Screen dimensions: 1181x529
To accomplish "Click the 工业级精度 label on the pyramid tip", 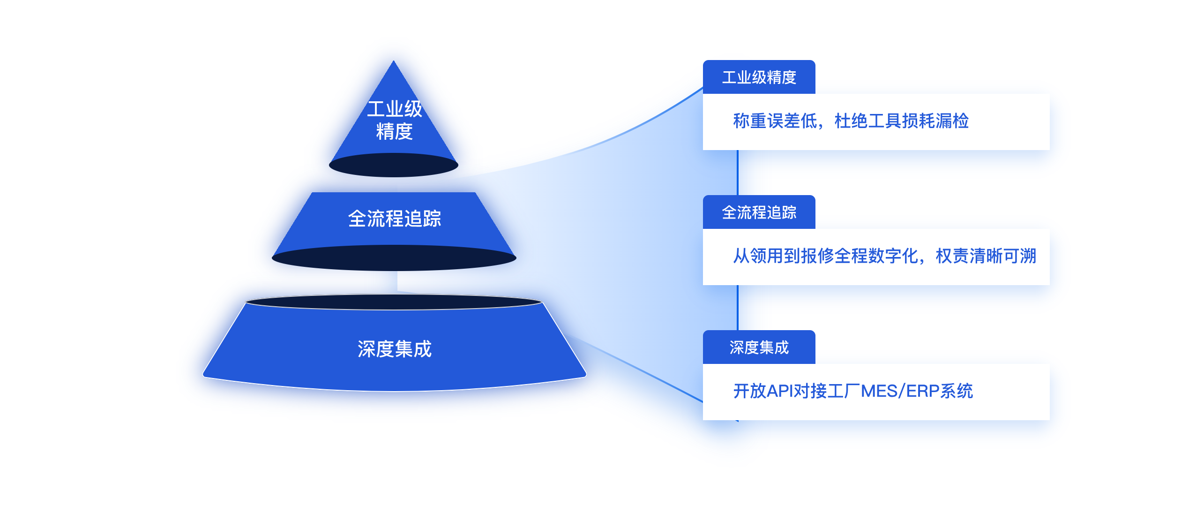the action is pos(395,120).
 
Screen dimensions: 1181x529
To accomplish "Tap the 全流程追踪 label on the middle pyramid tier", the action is pos(395,219).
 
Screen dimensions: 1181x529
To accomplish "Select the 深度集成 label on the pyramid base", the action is pos(395,349).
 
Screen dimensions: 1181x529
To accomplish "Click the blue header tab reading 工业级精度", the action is pos(759,77).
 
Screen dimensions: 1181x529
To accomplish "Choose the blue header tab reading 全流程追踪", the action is pos(759,212).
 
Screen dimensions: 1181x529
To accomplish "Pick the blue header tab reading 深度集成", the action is pos(759,347).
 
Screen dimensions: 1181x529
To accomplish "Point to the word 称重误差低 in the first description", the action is pos(775,121).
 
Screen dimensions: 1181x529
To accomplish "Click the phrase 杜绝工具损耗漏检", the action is pos(902,121).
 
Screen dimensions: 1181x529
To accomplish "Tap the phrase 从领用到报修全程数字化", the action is pos(826,256).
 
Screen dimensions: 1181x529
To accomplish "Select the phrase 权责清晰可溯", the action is pos(986,256).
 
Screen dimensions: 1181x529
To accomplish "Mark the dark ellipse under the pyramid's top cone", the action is pos(394,165).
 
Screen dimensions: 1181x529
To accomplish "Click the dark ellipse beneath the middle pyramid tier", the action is pos(394,258).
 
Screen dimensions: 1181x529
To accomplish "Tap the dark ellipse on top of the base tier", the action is pos(394,302).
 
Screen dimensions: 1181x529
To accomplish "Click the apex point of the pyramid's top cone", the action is pos(394,60).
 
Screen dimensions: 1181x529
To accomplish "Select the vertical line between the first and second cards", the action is pos(738,173).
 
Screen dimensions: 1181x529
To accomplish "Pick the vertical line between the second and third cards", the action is pos(738,308).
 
